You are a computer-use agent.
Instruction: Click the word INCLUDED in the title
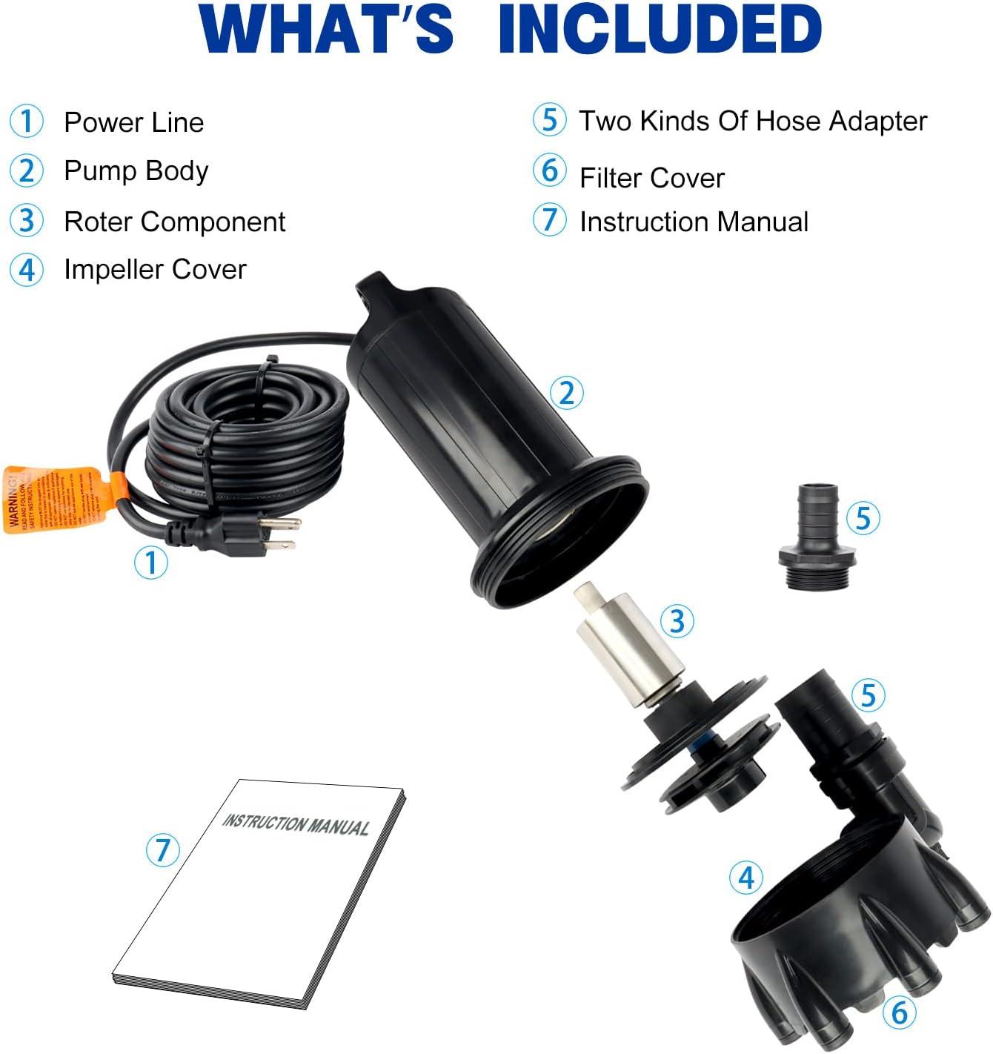pyautogui.click(x=660, y=30)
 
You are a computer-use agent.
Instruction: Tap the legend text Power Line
pyautogui.click(x=133, y=122)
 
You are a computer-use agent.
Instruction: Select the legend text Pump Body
pyautogui.click(x=136, y=171)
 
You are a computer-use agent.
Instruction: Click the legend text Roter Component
pyautogui.click(x=175, y=222)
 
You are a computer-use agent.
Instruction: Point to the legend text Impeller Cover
pyautogui.click(x=155, y=269)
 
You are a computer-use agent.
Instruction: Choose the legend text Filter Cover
pyautogui.click(x=651, y=178)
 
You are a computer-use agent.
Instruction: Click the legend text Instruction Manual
pyautogui.click(x=694, y=222)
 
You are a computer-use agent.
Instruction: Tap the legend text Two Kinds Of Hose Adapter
pyautogui.click(x=753, y=121)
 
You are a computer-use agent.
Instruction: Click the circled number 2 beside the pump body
pyautogui.click(x=567, y=392)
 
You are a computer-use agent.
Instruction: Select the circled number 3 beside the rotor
pyautogui.click(x=677, y=620)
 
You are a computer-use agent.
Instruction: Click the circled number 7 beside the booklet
pyautogui.click(x=162, y=849)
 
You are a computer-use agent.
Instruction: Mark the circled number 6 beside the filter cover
pyautogui.click(x=899, y=1011)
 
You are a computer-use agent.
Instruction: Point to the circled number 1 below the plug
pyautogui.click(x=150, y=563)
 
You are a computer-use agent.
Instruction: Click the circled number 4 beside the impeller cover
pyautogui.click(x=746, y=877)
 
